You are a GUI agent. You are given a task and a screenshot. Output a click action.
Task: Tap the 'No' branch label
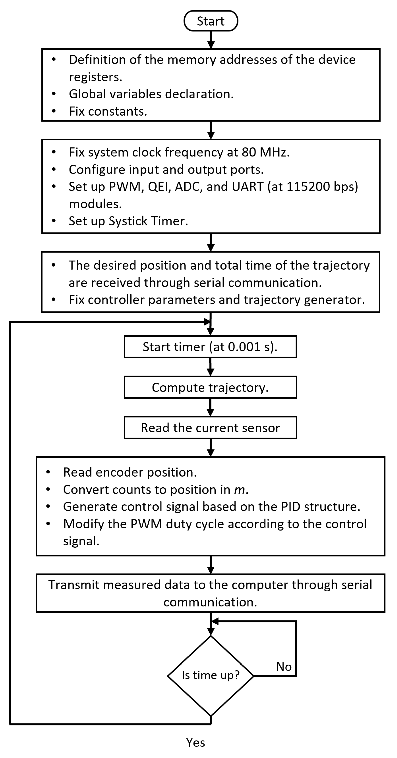click(x=284, y=667)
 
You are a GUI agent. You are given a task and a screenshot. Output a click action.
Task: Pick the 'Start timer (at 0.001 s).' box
click(x=210, y=347)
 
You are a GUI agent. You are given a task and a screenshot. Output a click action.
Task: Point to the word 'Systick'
click(x=128, y=221)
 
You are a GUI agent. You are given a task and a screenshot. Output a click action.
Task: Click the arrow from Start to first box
click(x=211, y=40)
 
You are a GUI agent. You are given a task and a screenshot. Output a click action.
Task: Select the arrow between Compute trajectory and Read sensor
click(x=210, y=408)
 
